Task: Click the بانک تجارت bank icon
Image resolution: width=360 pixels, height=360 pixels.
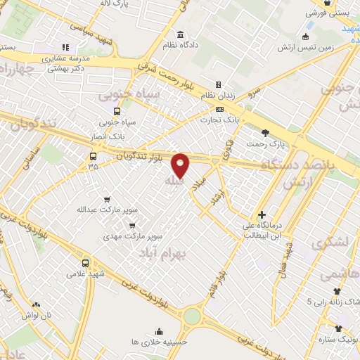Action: (220, 110)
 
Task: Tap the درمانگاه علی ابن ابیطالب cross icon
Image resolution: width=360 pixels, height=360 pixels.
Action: (262, 214)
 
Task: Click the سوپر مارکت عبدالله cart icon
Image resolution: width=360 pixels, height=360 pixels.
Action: (106, 200)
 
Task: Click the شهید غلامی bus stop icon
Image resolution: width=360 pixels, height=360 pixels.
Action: (85, 263)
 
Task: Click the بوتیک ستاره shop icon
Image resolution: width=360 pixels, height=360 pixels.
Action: (339, 328)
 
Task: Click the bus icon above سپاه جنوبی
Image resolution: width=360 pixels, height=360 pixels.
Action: (117, 111)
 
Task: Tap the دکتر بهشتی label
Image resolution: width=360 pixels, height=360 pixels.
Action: (66, 70)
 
